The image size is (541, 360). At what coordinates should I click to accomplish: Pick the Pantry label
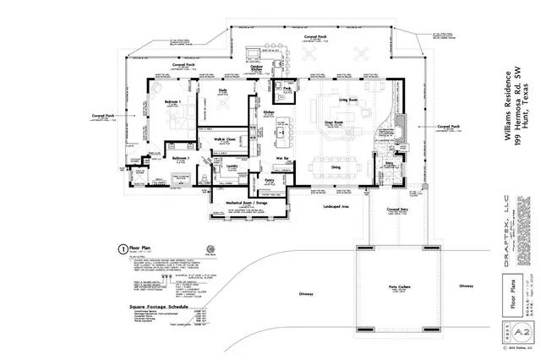[x=270, y=180]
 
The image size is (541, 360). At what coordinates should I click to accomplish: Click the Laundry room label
[x=230, y=166]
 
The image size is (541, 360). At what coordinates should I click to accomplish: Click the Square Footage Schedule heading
[x=154, y=307]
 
